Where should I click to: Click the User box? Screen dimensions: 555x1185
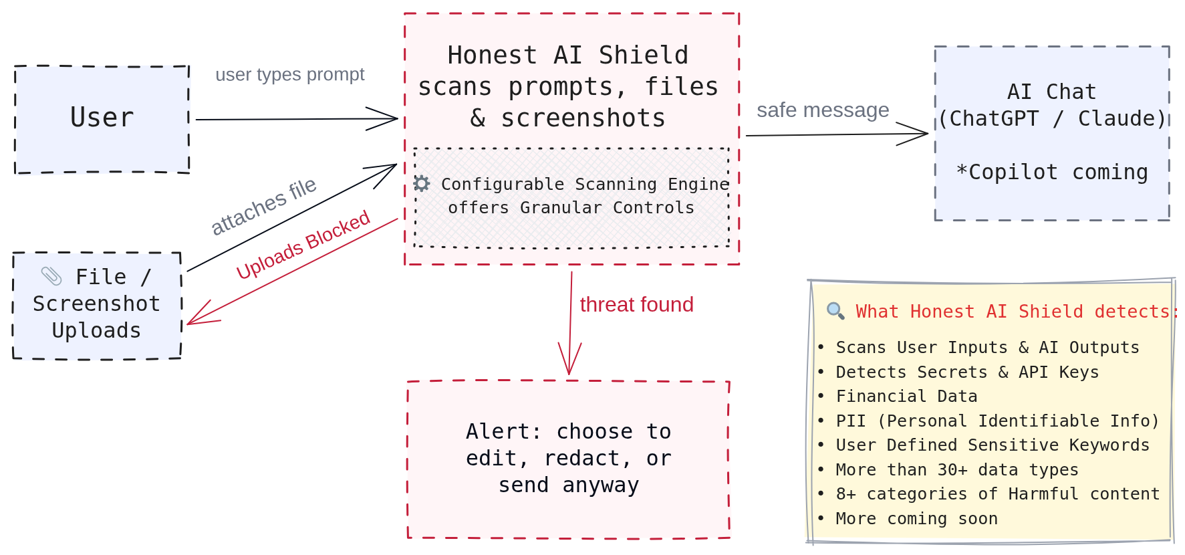(102, 119)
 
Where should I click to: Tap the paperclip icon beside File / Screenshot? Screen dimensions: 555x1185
(51, 276)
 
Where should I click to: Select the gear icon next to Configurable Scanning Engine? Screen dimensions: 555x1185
(422, 183)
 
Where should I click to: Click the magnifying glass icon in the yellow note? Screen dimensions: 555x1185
(835, 310)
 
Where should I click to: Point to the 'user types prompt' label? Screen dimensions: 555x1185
(289, 74)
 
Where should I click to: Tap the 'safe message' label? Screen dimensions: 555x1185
(822, 110)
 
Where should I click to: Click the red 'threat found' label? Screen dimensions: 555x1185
(636, 304)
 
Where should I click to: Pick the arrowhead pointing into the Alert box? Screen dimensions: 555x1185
(569, 364)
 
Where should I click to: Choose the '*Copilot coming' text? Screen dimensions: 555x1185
(1052, 172)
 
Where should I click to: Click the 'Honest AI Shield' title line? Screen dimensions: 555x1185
(568, 55)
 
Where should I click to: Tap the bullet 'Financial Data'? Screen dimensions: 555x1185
(906, 396)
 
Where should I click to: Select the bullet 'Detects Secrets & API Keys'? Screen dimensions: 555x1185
(966, 372)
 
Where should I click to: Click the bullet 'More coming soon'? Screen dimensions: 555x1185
(916, 518)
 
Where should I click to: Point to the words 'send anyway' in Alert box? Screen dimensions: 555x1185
(569, 485)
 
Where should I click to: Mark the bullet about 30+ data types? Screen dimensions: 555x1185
(956, 469)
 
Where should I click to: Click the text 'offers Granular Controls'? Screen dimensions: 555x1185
(571, 207)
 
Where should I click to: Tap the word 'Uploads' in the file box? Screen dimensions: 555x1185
(96, 330)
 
